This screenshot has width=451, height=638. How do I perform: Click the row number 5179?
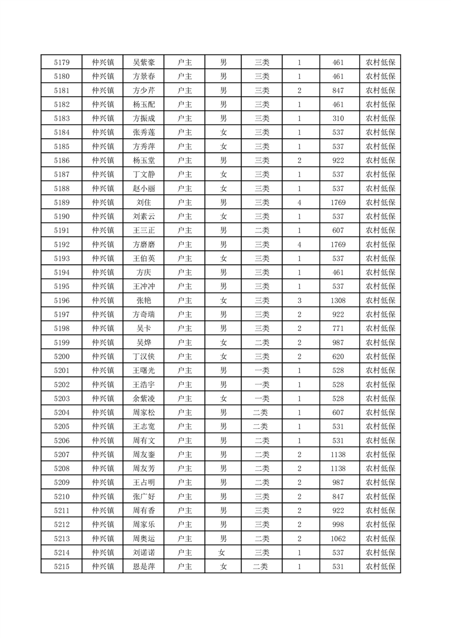(61, 63)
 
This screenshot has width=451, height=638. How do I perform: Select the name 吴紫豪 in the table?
(143, 63)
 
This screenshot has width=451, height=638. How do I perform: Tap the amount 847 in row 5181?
(338, 90)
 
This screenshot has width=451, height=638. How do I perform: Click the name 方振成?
(143, 118)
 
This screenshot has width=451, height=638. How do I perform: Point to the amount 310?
(338, 118)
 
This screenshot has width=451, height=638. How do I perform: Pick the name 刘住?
(143, 202)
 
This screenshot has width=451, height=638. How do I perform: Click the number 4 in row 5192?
(299, 245)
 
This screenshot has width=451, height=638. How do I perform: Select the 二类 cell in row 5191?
(262, 230)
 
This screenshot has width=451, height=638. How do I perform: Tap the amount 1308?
(338, 300)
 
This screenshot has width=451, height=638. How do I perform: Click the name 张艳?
(143, 300)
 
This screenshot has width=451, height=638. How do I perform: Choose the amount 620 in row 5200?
(338, 357)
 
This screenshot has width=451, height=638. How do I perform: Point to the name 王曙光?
(143, 370)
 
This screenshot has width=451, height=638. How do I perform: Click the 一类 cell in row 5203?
(262, 398)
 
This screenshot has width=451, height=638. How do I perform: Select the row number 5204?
(61, 412)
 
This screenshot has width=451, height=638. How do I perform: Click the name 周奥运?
(143, 538)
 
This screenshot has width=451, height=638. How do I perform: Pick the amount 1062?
(338, 538)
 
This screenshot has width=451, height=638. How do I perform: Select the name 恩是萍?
(143, 566)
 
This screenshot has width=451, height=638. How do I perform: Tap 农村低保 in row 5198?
(380, 328)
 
